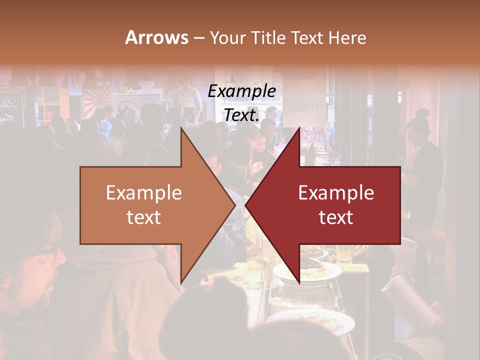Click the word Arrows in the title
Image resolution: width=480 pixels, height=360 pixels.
click(157, 37)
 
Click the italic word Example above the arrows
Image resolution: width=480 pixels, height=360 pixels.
click(241, 91)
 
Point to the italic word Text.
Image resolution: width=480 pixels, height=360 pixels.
click(241, 115)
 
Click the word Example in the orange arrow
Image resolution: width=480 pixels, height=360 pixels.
click(144, 193)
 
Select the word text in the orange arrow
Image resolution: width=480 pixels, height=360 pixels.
click(144, 217)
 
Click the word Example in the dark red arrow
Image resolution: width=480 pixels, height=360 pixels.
click(336, 193)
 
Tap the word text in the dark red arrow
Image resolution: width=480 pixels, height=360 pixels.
click(336, 217)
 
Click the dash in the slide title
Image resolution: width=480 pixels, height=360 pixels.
click(199, 38)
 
